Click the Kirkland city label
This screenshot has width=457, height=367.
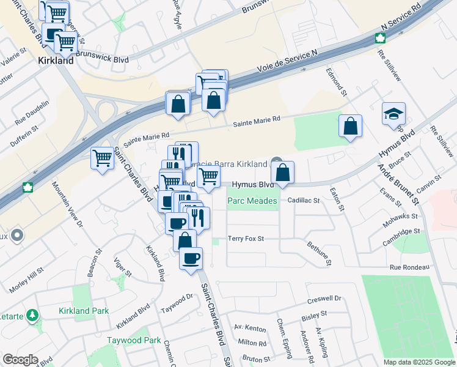coord(56,61)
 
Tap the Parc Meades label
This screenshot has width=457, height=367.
coord(252,201)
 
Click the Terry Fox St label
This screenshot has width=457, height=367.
coord(246,239)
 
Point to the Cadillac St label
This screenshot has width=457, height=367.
coord(304,200)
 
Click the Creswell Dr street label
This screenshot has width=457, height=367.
coord(324,298)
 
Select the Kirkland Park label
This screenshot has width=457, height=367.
coord(84,311)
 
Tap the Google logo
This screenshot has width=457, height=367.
coord(20,360)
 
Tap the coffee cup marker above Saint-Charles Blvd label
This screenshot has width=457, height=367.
coord(191,258)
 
